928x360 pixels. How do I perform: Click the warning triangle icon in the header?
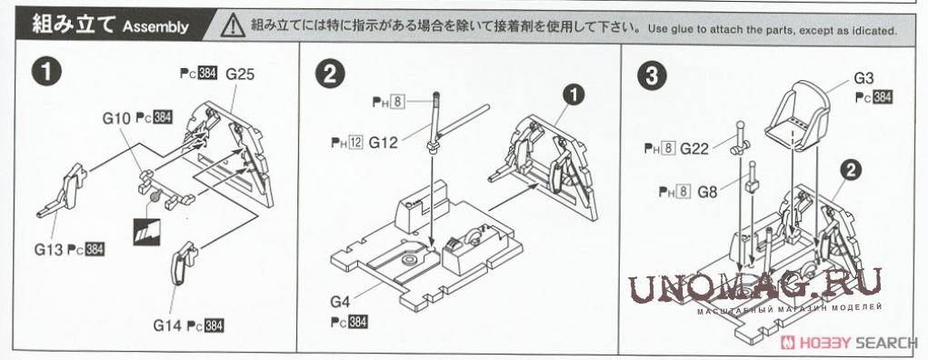click(x=233, y=26)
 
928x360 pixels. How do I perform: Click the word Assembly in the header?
click(x=155, y=26)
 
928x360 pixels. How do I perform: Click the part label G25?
click(x=240, y=75)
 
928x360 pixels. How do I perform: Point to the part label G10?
click(x=116, y=118)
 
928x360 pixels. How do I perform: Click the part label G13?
click(x=48, y=250)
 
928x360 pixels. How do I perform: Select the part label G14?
click(x=167, y=325)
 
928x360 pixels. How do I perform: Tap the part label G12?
click(x=384, y=143)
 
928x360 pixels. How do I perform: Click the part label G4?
click(x=340, y=302)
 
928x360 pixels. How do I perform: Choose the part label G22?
click(x=694, y=149)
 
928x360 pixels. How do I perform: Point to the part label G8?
click(x=707, y=192)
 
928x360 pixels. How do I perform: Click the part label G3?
click(x=863, y=78)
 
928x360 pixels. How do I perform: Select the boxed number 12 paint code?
click(x=355, y=143)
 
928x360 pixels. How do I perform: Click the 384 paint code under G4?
click(x=357, y=322)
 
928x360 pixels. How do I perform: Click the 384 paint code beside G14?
click(x=214, y=325)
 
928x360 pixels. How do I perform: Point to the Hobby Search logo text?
click(x=848, y=342)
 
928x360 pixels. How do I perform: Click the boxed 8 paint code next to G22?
click(x=668, y=149)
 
